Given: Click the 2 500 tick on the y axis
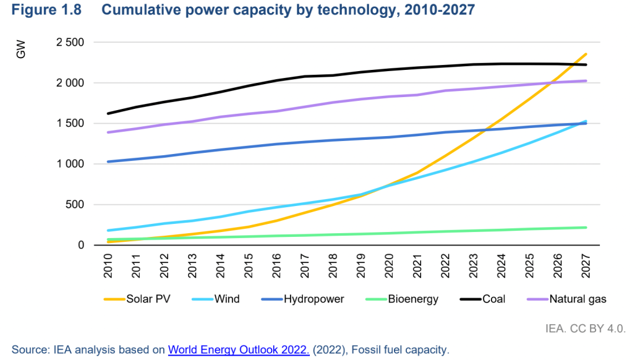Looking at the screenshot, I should pyautogui.click(x=70, y=43).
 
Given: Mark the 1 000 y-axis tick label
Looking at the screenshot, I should pyautogui.click(x=70, y=165).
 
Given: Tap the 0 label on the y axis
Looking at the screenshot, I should pyautogui.click(x=80, y=246).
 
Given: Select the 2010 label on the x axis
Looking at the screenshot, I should pyautogui.click(x=109, y=265).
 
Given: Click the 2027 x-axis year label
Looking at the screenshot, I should pyautogui.click(x=586, y=265).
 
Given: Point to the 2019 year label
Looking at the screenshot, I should pyautogui.click(x=361, y=265).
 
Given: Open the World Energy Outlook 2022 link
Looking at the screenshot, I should pyautogui.click(x=239, y=350).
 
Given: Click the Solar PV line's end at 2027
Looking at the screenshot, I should pyautogui.click(x=586, y=54).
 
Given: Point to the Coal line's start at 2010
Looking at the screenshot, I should pyautogui.click(x=109, y=113).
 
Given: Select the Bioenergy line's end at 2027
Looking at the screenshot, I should pyautogui.click(x=586, y=228).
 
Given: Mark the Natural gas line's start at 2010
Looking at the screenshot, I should pyautogui.click(x=109, y=132).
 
